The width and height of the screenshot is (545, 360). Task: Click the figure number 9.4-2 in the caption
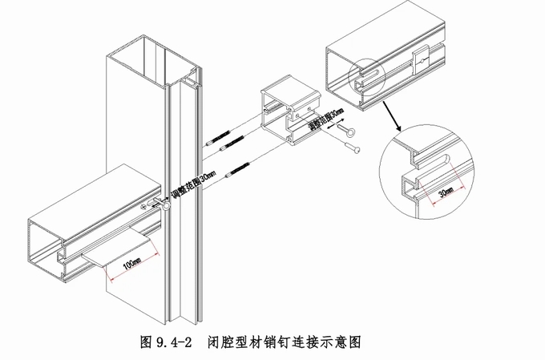click(x=171, y=341)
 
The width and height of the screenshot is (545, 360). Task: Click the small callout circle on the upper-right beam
click(x=365, y=78)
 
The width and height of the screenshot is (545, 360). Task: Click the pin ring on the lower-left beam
click(x=161, y=207)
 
